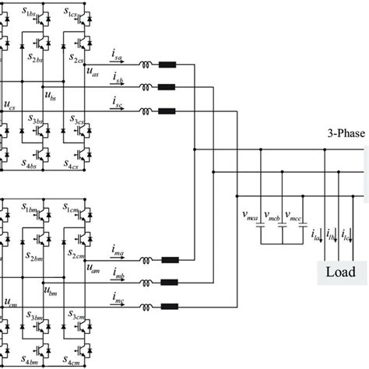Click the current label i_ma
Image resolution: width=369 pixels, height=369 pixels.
(x=118, y=251)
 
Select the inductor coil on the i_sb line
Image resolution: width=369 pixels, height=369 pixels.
(x=146, y=87)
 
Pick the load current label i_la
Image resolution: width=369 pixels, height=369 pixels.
(x=316, y=235)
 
